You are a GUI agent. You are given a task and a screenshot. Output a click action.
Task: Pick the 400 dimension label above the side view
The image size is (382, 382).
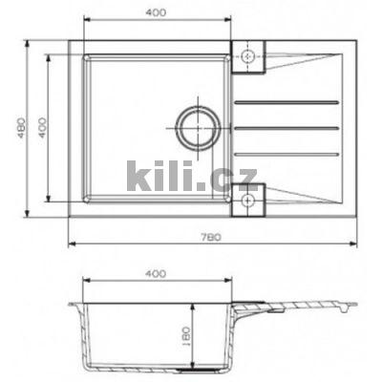157,273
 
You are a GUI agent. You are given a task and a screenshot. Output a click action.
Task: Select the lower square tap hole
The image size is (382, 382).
250,201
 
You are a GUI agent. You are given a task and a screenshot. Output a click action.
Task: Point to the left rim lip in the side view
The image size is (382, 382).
74,305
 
